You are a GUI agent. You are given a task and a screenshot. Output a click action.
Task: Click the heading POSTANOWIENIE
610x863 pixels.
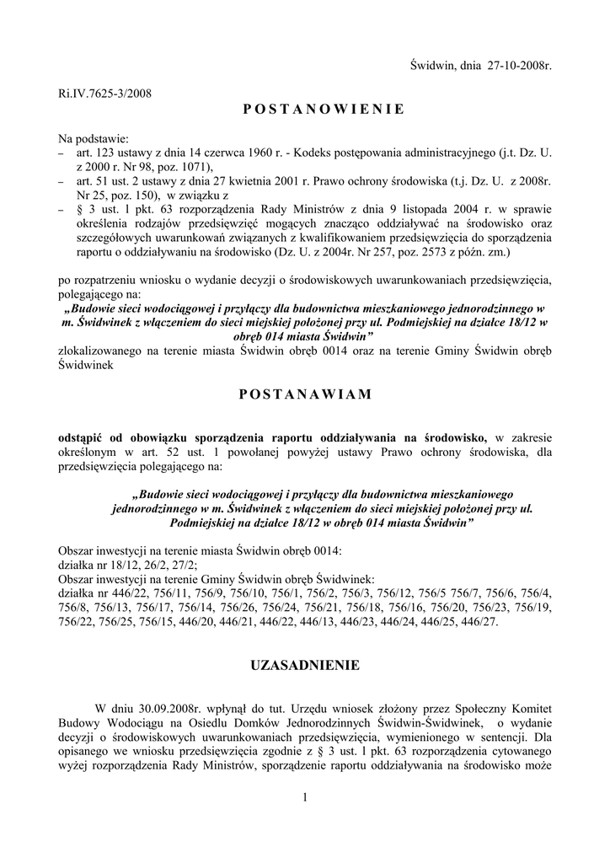305,110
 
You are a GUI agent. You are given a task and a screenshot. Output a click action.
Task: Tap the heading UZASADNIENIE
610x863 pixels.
305,666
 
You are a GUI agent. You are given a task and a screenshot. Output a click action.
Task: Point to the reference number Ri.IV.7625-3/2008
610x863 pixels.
104,93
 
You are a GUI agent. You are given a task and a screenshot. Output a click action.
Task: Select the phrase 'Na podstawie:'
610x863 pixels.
94,137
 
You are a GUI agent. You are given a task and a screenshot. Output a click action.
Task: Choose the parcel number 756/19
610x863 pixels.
532,607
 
